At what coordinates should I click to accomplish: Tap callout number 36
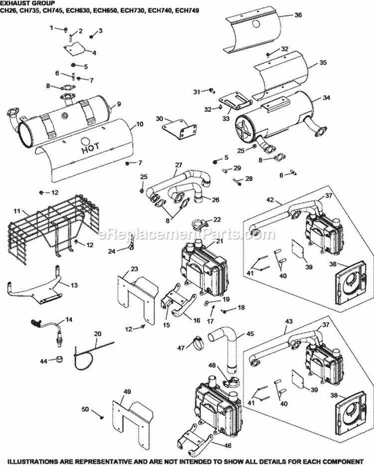(298, 15)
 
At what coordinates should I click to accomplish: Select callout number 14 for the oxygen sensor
(68, 319)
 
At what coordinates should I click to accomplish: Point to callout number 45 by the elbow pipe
(250, 334)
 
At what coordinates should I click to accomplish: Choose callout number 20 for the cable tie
(97, 333)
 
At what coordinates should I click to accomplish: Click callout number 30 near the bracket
(160, 118)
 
